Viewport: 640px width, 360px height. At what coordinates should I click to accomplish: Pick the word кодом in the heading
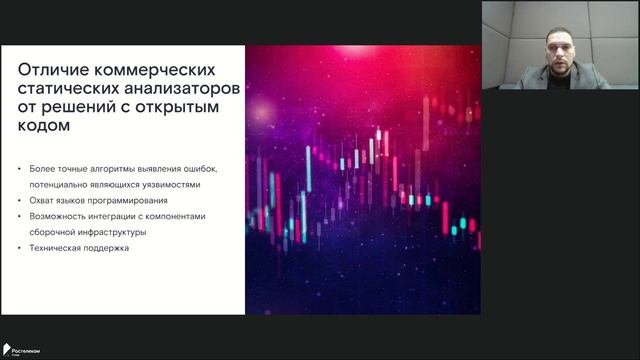(45, 127)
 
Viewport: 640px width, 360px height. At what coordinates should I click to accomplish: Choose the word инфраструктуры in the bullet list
(115, 232)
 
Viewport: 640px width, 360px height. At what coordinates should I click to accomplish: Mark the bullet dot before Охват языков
(21, 200)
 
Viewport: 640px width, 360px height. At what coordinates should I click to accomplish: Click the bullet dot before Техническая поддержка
(21, 248)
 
